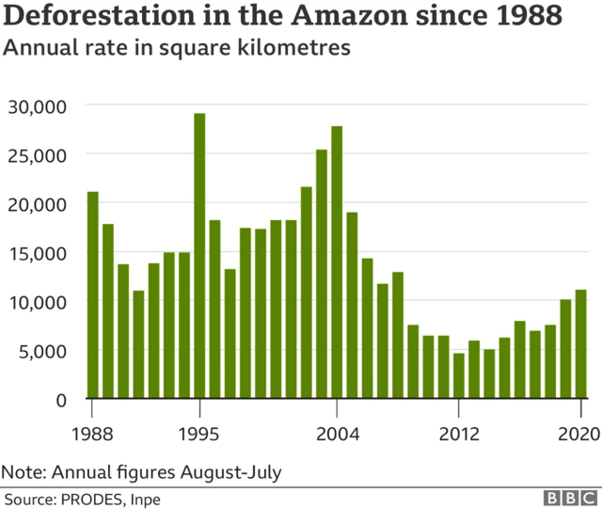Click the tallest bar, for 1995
point(199,255)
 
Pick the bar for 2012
point(458,374)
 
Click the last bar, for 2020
point(580,343)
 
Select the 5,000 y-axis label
point(43,350)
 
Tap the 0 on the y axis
point(62,399)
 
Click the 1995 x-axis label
point(199,434)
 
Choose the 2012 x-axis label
point(458,434)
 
